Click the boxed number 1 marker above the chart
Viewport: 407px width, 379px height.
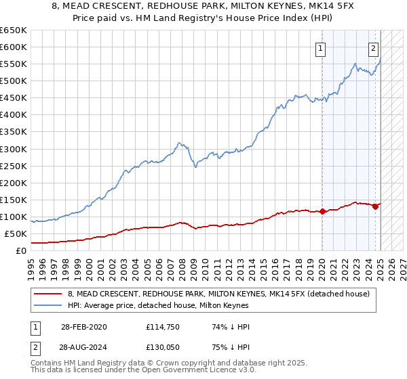[319, 48]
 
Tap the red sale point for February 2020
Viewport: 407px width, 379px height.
[322, 211]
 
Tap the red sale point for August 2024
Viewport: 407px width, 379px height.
[375, 206]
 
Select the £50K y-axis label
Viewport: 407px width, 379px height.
[16, 234]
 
